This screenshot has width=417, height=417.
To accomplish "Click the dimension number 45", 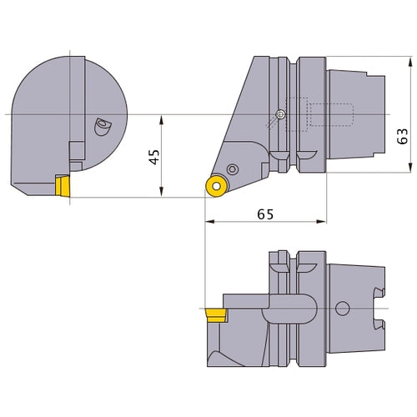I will coord(151,157).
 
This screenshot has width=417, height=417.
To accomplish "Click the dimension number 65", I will coord(265,214).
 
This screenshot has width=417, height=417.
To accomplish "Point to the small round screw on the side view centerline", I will coord(281,114).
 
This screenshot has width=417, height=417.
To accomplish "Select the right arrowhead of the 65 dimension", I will coord(324,223).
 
